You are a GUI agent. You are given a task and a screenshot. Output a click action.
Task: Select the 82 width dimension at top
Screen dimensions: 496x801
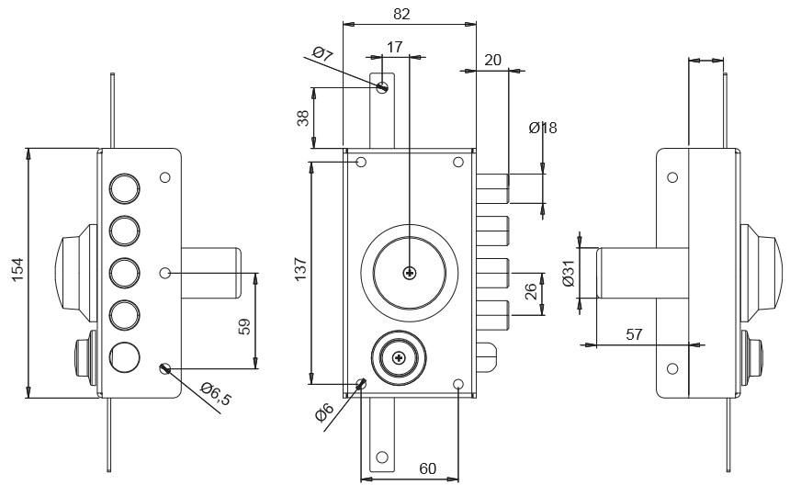point(401,13)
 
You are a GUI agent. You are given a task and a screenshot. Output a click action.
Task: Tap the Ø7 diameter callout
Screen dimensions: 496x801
point(322,54)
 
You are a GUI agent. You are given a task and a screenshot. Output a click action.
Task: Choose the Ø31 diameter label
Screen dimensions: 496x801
point(568,273)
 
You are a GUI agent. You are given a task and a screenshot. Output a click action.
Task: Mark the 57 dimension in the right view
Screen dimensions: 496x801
point(634,334)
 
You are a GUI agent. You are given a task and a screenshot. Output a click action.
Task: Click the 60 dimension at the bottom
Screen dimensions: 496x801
point(427,468)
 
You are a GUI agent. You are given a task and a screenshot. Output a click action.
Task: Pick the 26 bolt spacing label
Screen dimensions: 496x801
point(531,293)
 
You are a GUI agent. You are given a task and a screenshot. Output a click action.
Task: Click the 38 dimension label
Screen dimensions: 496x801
point(303,118)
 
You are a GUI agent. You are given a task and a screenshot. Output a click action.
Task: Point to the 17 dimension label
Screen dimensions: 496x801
point(395,45)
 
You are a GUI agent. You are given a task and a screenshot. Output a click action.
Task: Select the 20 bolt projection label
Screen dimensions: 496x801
point(492,59)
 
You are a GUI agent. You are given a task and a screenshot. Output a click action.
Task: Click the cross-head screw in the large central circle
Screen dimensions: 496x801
point(409,273)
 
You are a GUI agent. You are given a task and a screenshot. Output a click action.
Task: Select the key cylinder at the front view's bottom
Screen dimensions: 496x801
point(398,357)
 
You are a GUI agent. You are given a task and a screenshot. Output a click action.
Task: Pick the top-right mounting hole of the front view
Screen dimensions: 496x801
point(457,163)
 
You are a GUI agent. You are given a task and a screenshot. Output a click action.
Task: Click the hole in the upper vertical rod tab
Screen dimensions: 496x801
point(382,87)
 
